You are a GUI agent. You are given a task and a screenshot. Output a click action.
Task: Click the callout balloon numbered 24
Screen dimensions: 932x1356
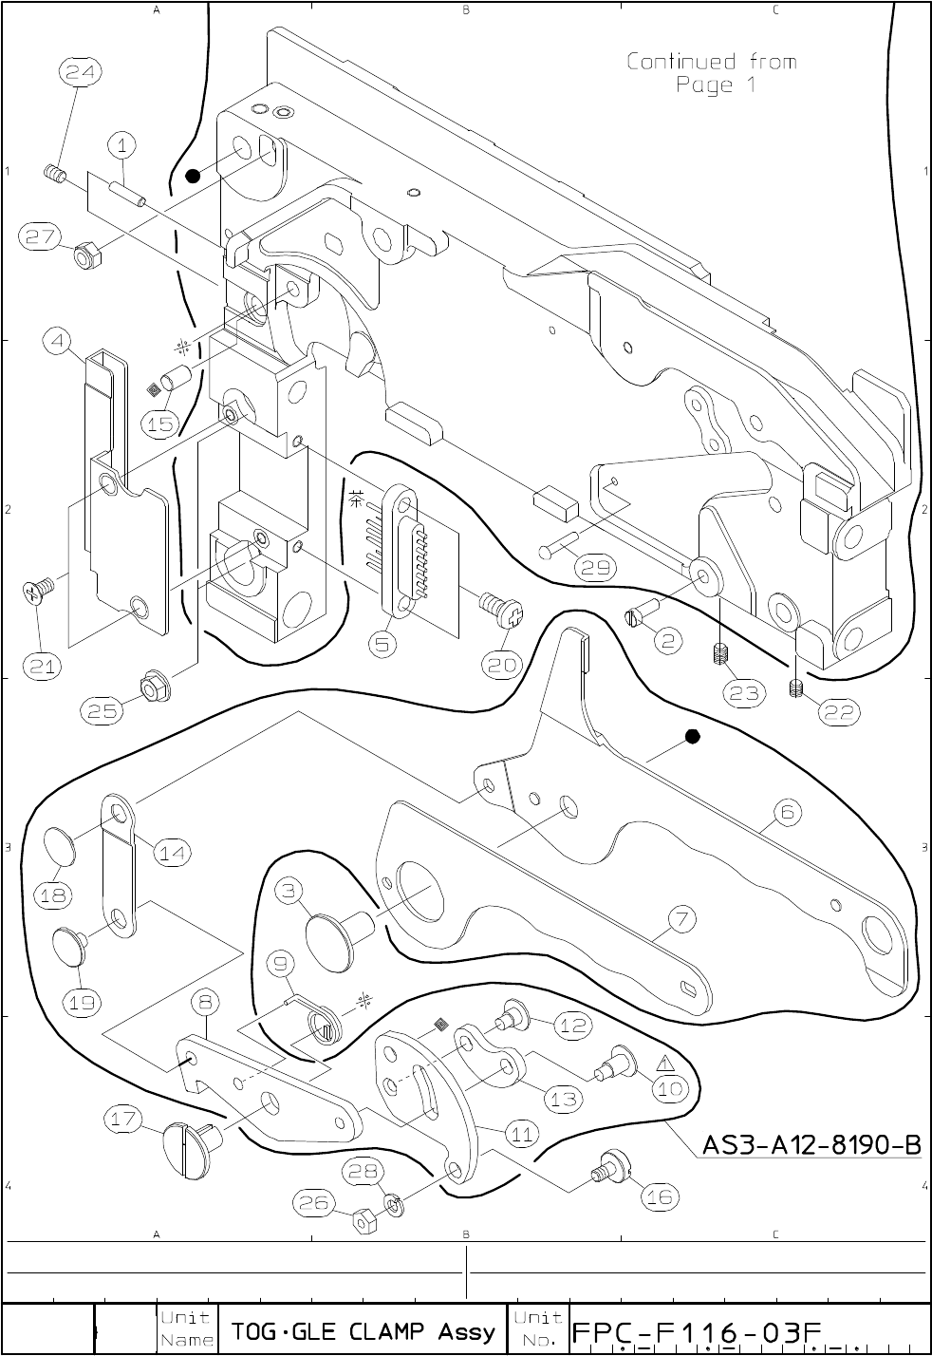[83, 70]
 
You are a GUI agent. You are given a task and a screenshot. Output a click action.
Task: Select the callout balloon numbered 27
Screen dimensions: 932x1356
[45, 237]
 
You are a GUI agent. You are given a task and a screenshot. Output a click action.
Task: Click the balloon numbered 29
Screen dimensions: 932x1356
[596, 568]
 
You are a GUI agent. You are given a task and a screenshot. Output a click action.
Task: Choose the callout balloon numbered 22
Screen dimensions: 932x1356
[838, 712]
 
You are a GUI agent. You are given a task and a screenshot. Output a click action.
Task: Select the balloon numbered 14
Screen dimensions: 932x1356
[172, 853]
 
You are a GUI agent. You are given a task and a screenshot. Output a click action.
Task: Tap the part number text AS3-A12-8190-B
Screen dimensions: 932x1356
[811, 1145]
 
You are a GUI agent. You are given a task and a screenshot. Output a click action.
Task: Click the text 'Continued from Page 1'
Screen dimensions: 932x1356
[711, 73]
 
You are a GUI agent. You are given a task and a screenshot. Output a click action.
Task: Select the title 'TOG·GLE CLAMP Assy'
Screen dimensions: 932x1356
[363, 1331]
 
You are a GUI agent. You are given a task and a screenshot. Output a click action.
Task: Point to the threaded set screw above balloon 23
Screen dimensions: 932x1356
[718, 654]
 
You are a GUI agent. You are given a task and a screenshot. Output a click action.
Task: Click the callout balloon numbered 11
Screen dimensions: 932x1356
[522, 1133]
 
